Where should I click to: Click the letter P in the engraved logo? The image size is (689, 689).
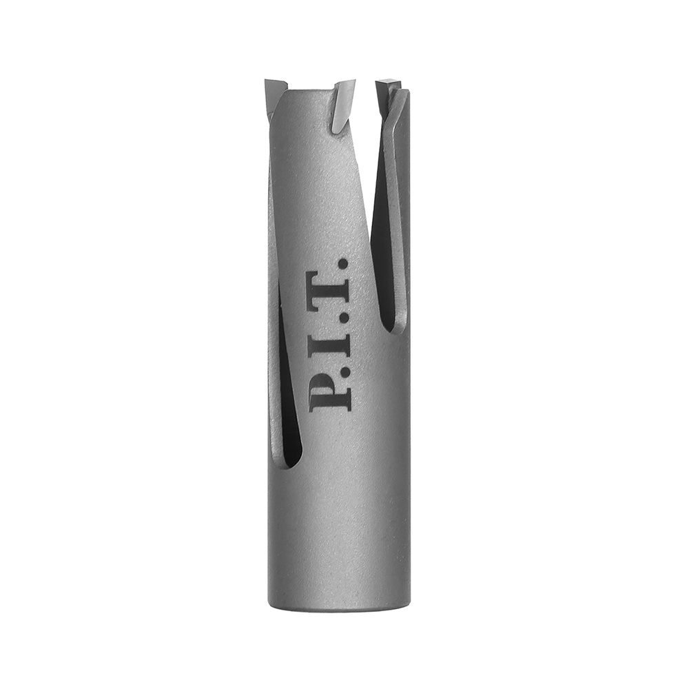(x=330, y=395)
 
